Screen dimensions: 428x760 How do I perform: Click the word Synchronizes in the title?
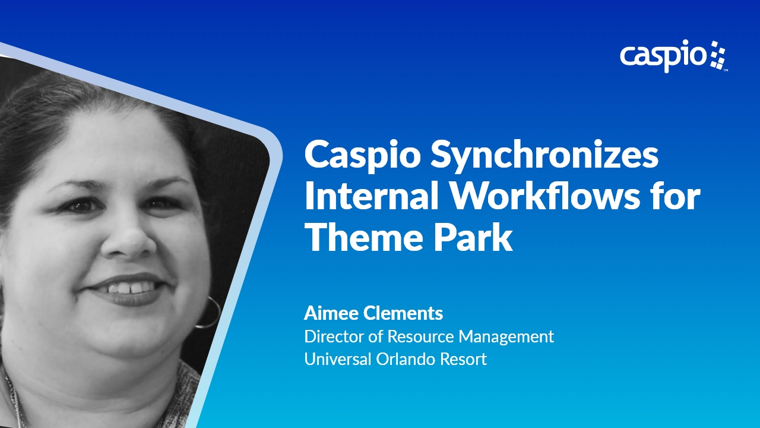click(x=545, y=156)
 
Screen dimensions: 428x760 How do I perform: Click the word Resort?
click(x=464, y=359)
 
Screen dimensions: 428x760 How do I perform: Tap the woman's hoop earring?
click(x=209, y=311)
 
